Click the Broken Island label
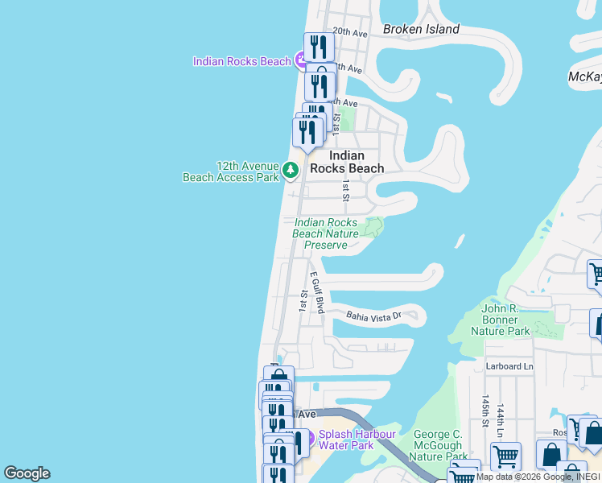tap(421, 30)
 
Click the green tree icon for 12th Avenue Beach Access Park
tap(290, 170)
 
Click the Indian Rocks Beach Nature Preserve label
tap(325, 233)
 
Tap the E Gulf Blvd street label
tap(317, 292)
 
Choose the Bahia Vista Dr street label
tap(373, 317)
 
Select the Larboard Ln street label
tap(509, 366)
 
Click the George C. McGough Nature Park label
tap(438, 445)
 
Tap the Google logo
tap(27, 473)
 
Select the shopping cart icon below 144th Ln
tap(505, 457)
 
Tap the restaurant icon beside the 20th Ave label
tap(320, 47)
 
